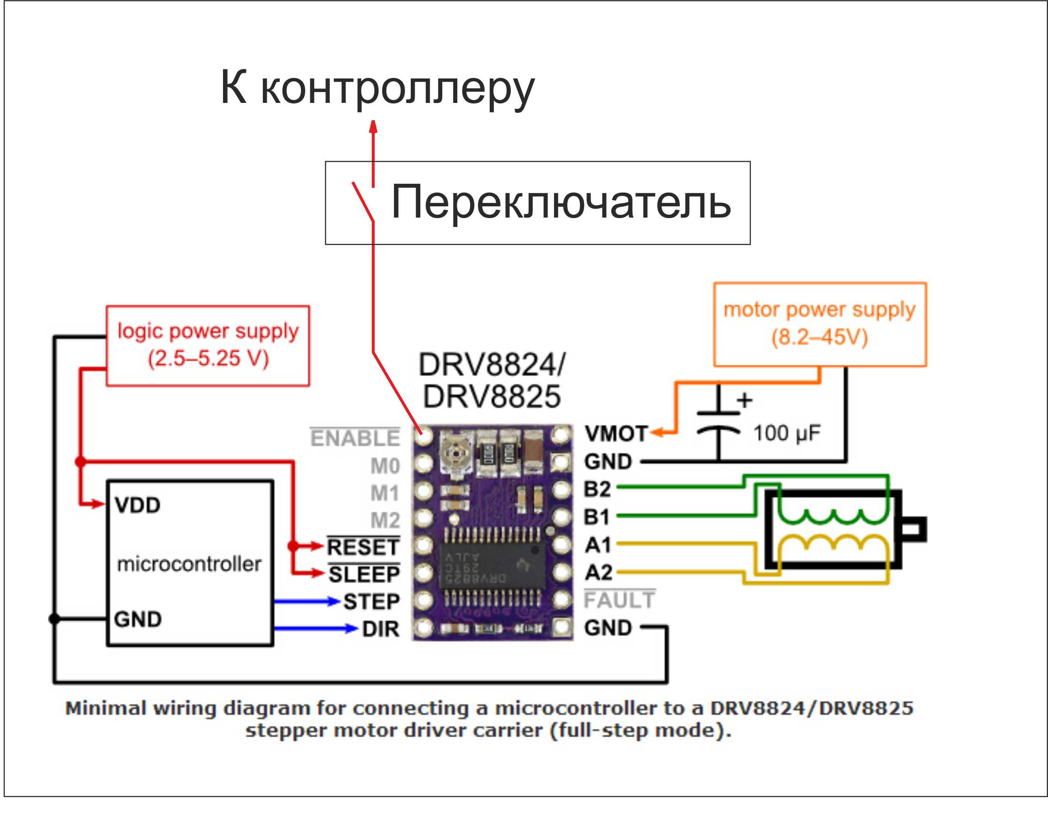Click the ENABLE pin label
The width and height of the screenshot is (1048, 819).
pyautogui.click(x=354, y=438)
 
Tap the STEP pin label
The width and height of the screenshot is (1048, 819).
pyautogui.click(x=371, y=601)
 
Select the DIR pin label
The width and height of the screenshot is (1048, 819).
pyautogui.click(x=380, y=629)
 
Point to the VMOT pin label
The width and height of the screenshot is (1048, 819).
pyautogui.click(x=616, y=434)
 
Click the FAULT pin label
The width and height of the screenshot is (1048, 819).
pyautogui.click(x=619, y=600)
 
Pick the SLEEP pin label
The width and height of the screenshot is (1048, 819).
pyautogui.click(x=364, y=574)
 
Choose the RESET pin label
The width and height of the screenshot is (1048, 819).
pyautogui.click(x=363, y=547)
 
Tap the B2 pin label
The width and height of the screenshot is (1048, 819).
pyautogui.click(x=597, y=489)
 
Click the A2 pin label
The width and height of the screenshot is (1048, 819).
pyautogui.click(x=598, y=572)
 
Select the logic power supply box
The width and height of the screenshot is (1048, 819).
pyautogui.click(x=208, y=345)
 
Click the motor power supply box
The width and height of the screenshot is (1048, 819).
pyautogui.click(x=820, y=324)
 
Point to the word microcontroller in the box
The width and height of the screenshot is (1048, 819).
pyautogui.click(x=189, y=563)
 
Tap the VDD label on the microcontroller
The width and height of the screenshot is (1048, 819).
pyautogui.click(x=138, y=505)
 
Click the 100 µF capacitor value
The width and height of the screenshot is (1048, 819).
pyautogui.click(x=786, y=433)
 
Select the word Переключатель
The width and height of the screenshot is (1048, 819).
pyautogui.click(x=561, y=202)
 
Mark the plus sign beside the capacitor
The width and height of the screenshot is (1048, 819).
pyautogui.click(x=744, y=400)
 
